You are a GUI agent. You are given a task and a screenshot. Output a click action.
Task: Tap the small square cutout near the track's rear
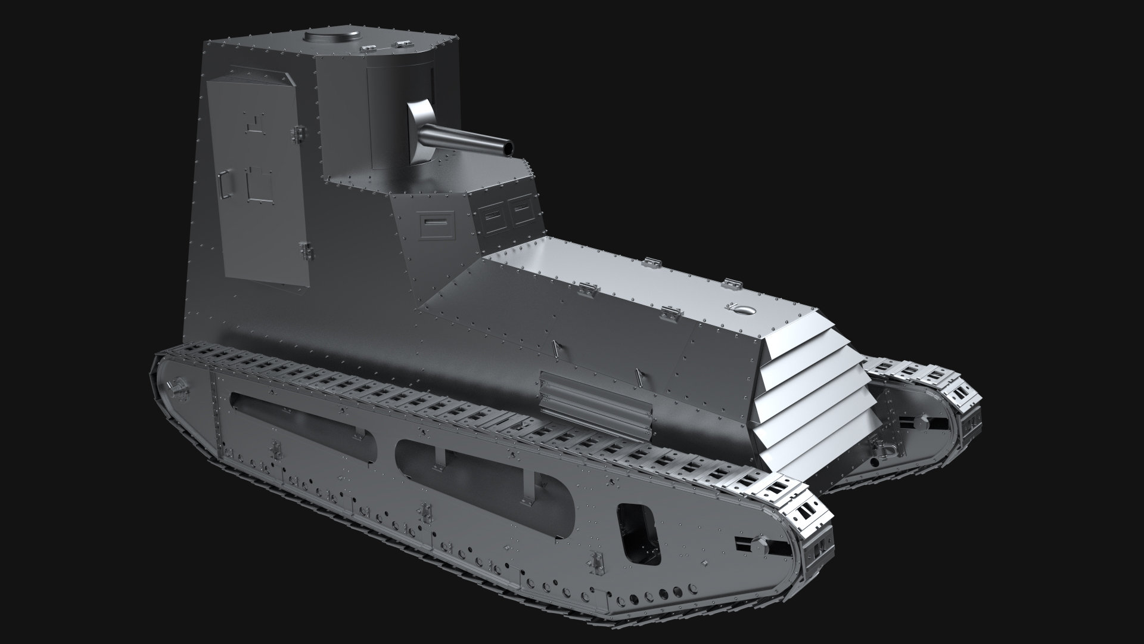(639, 533)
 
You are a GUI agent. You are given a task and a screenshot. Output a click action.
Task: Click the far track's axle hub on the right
(921, 423)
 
